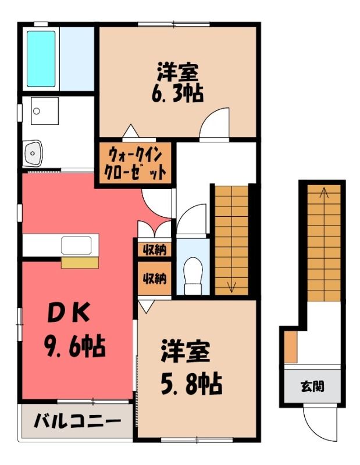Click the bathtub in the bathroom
point(41,59)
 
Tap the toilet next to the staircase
point(193,276)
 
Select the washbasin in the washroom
point(33,153)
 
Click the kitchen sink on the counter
point(76,245)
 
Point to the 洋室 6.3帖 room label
point(177,82)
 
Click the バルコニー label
point(77,421)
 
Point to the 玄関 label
point(312,386)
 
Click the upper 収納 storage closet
point(155,250)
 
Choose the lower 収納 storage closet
point(155,278)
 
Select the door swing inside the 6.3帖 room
point(214,123)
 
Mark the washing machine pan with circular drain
point(45,111)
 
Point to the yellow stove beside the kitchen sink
point(80,263)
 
